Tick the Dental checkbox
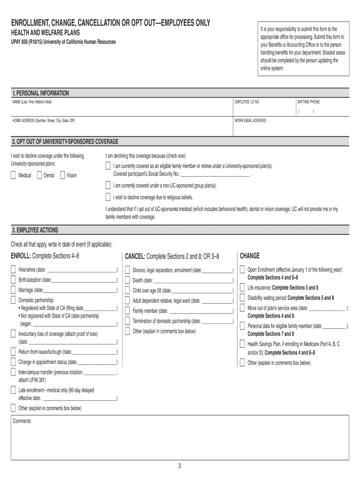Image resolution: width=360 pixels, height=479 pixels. click(39, 175)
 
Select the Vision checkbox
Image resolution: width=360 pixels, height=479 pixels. click(63, 175)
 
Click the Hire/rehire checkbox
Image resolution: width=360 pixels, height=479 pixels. click(14, 270)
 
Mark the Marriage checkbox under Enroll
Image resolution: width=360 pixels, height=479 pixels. click(14, 290)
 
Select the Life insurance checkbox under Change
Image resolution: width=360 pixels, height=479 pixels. click(242, 287)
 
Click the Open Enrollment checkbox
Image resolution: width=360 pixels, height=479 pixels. click(242, 270)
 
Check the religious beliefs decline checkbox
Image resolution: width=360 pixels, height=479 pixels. click(108, 197)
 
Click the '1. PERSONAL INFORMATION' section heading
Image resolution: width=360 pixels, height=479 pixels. click(41, 93)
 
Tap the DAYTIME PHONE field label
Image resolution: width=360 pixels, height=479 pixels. click(309, 102)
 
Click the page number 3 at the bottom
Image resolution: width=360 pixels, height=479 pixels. click(179, 466)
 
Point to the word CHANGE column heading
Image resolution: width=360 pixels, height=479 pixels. click(250, 256)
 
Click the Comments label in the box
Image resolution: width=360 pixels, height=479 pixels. click(22, 421)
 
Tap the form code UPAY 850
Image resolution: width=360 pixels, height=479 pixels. click(23, 42)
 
